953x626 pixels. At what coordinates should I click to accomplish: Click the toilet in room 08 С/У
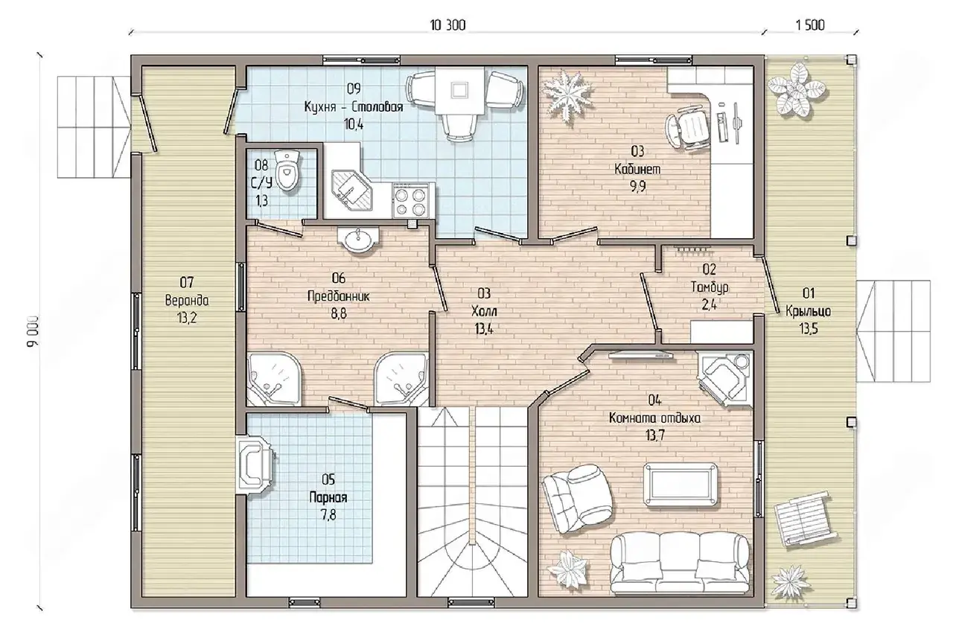click(288, 170)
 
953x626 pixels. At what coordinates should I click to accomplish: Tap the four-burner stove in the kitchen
click(410, 201)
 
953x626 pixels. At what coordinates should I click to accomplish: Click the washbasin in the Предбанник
click(358, 240)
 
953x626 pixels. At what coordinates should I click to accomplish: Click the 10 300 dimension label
click(447, 25)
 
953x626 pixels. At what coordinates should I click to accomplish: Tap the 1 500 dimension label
click(810, 25)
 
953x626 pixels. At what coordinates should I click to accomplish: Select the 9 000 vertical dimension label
click(33, 331)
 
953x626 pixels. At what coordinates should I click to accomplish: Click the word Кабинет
click(637, 169)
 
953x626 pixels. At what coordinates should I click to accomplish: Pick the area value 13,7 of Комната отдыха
click(654, 435)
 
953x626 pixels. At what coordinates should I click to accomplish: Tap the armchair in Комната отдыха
click(578, 498)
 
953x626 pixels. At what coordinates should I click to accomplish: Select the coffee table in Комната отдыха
click(681, 484)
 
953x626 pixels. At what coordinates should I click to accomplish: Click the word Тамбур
click(710, 287)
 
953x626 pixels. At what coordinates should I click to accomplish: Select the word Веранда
click(187, 300)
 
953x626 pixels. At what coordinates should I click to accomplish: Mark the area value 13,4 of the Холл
click(484, 329)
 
